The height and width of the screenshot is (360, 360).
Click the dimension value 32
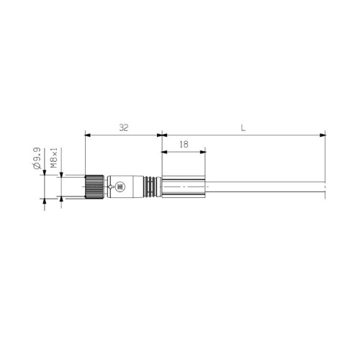(123, 127)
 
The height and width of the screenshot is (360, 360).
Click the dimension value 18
(184, 145)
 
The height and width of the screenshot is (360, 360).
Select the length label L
(243, 127)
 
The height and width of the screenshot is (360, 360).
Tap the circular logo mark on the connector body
(120, 187)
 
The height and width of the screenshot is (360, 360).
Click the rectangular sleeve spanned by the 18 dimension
(184, 187)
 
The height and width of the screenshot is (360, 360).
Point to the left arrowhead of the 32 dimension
(87, 134)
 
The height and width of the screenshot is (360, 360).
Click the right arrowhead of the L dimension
(323, 134)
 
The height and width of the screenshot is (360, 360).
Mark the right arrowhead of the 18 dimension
(204, 151)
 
